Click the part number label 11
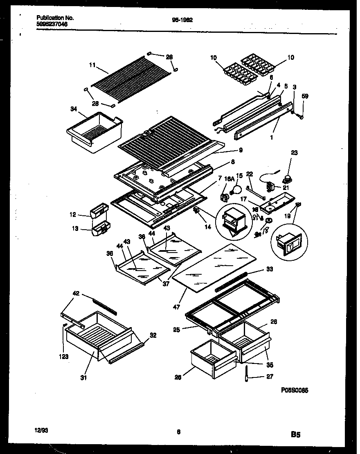pyautogui.click(x=92, y=65)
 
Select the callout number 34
pyautogui.click(x=73, y=109)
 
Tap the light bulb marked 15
pyautogui.click(x=234, y=189)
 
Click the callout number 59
pyautogui.click(x=305, y=96)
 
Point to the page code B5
pyautogui.click(x=297, y=435)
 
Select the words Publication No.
pyautogui.click(x=55, y=18)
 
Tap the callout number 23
pyautogui.click(x=294, y=153)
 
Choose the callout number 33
pyautogui.click(x=270, y=269)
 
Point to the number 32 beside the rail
pyautogui.click(x=153, y=335)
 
